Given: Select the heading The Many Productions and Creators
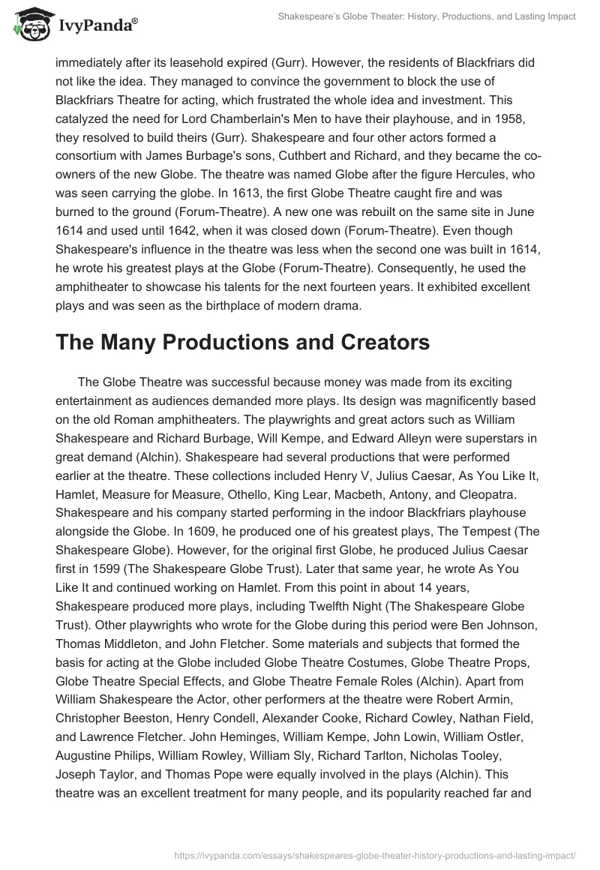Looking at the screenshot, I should [242, 342].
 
